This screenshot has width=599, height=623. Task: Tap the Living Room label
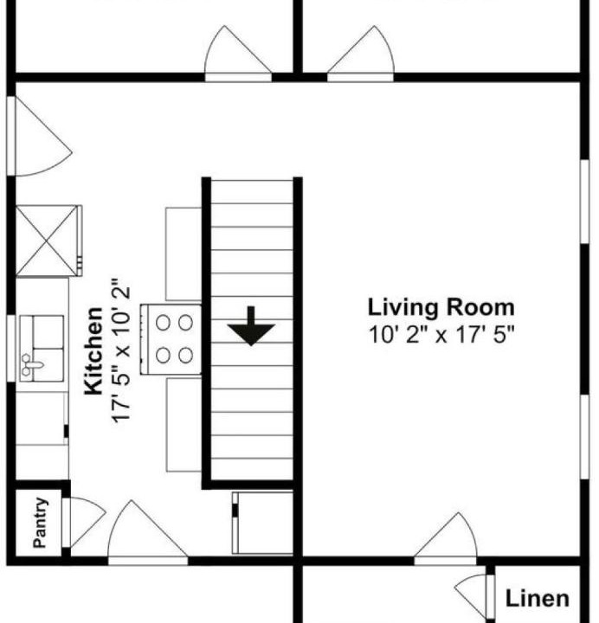coord(441,308)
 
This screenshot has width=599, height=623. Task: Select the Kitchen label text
coord(93,351)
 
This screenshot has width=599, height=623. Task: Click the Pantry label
coord(40,523)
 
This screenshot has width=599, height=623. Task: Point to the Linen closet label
coord(537,599)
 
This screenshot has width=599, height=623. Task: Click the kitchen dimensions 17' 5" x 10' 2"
coord(120,350)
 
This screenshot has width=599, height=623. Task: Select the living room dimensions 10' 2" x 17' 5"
coord(441,335)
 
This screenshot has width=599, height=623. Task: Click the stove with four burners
coord(171,339)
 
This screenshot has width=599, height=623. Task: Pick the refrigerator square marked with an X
coord(47,241)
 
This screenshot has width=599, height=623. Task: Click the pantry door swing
coord(86,522)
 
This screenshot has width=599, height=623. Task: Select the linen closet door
coord(473,592)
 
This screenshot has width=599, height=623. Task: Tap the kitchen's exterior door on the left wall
coord(39,136)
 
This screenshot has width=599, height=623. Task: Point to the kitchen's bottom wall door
coord(148,532)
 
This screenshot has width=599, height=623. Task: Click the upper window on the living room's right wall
coord(584,202)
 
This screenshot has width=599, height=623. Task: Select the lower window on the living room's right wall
coord(584,437)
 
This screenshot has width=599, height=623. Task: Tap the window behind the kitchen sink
coord(11,348)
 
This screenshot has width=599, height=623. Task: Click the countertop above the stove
coord(184,254)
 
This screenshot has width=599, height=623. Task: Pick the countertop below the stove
coord(184,425)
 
